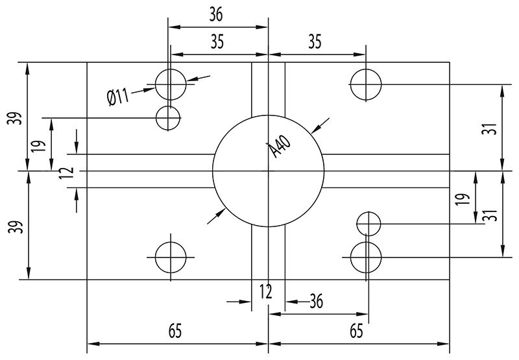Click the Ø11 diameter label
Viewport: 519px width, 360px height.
coord(118,98)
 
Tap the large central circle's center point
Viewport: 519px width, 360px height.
coord(268,171)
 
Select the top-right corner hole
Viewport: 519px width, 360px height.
coord(366,84)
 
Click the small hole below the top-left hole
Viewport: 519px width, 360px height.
coord(169,117)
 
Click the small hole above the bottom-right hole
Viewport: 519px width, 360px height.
coord(368,224)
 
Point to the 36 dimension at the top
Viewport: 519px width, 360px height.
coord(217,14)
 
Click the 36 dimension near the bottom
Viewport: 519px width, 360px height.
coord(316,301)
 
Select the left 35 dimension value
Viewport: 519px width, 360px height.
coord(217,42)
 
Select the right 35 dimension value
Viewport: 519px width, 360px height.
coord(315,42)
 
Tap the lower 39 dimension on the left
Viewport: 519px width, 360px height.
coord(18,226)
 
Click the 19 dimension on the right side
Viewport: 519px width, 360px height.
coord(461,198)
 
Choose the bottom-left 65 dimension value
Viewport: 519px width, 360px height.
coord(175,331)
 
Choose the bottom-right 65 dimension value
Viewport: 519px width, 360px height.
coord(356,331)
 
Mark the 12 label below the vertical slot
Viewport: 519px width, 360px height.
coord(266,291)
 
